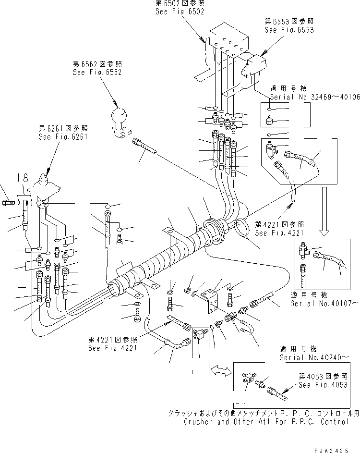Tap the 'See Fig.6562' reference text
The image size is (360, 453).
click(x=97, y=72)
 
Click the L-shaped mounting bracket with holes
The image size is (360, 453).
click(x=211, y=301)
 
